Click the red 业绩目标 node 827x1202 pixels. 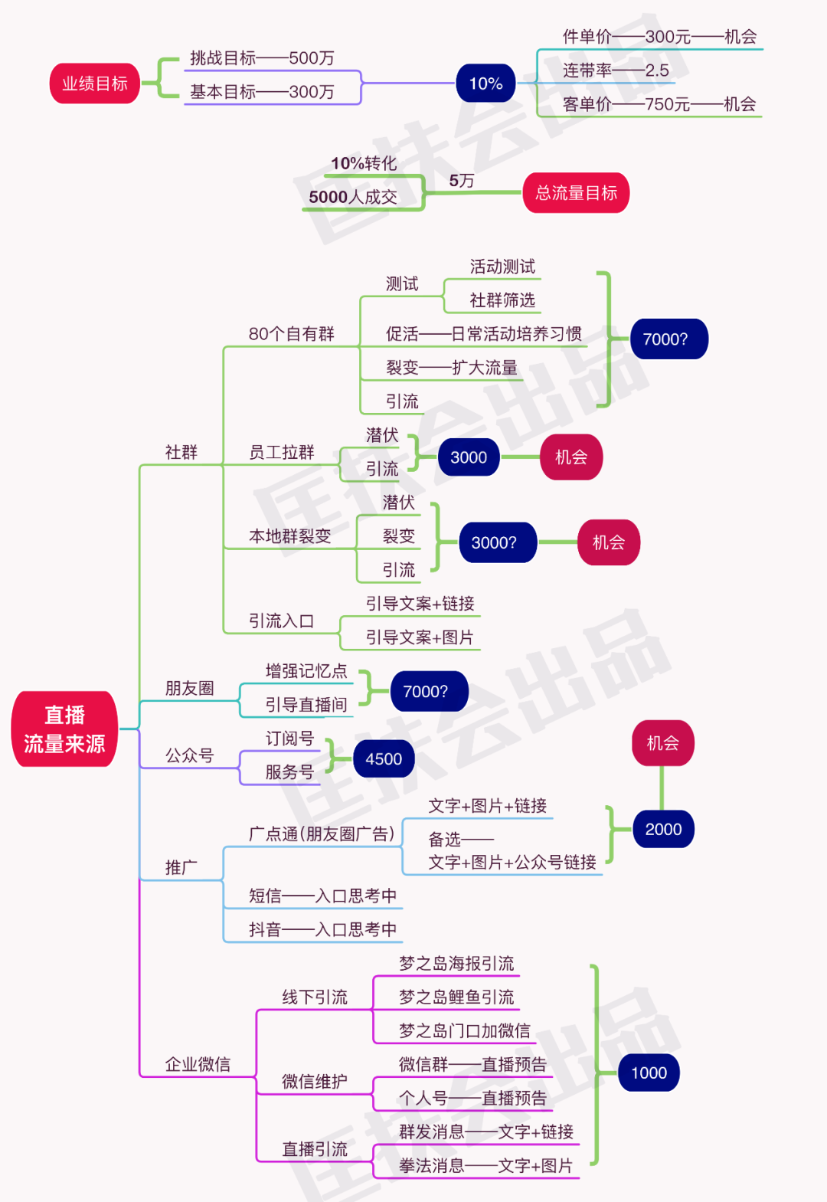click(95, 84)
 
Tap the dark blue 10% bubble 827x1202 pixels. click(485, 84)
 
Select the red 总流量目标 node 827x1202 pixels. click(576, 193)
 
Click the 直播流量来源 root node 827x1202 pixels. click(64, 729)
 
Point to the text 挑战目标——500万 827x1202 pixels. click(262, 58)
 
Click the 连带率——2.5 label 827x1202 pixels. click(616, 70)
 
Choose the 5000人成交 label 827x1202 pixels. click(353, 197)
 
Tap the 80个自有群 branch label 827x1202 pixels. click(291, 334)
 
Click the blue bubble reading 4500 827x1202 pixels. click(384, 759)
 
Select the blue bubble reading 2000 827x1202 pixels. click(663, 830)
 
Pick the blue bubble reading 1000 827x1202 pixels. click(649, 1073)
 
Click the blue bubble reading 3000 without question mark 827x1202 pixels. click(469, 457)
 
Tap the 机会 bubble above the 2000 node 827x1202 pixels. click(662, 743)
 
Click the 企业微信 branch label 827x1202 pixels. click(198, 1064)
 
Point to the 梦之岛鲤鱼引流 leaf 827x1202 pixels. click(456, 997)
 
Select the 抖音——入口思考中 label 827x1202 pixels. click(322, 930)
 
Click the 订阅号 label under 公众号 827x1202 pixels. click(289, 739)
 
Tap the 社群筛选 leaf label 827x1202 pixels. click(502, 300)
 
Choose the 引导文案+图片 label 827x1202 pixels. click(420, 637)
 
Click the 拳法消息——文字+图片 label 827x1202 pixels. click(485, 1166)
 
